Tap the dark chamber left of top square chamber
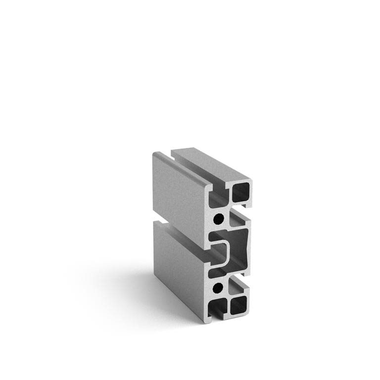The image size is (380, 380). tap(217, 200)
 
